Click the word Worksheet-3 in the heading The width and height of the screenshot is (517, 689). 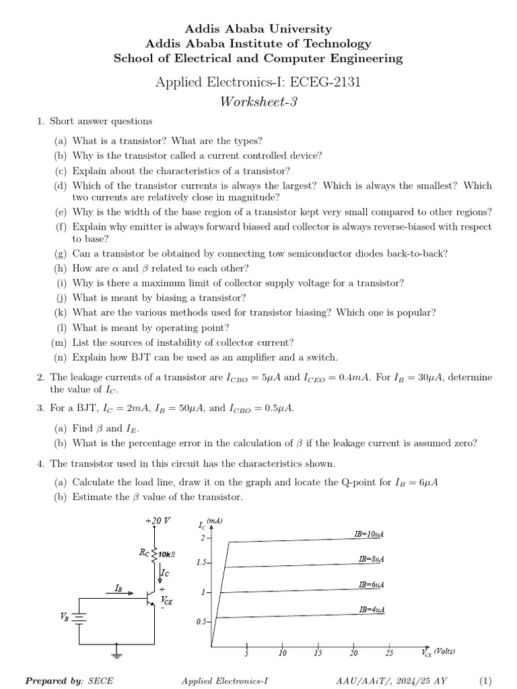point(258,102)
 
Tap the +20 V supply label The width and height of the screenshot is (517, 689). point(158,521)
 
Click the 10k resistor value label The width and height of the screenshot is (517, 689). point(167,554)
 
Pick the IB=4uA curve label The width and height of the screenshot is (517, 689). point(372,610)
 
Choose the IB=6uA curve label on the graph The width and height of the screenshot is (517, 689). point(372,585)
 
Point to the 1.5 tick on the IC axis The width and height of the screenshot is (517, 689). point(203,562)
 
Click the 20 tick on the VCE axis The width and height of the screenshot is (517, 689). point(353,653)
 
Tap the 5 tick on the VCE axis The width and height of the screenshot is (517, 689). point(246,653)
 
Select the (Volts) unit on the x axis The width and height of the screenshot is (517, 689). point(444,651)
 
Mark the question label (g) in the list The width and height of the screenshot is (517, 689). point(61,254)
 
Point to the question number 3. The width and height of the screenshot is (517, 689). point(40,408)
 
